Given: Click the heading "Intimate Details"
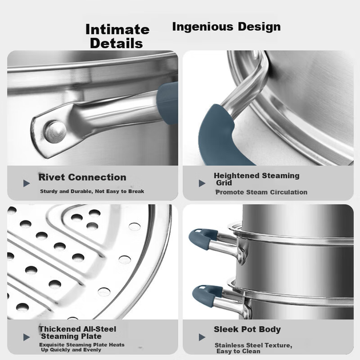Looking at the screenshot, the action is (x=117, y=36).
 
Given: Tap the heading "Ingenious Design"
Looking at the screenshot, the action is (x=226, y=27).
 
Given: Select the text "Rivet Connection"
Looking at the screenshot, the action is (x=82, y=177).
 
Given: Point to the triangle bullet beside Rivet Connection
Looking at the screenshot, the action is (x=27, y=183).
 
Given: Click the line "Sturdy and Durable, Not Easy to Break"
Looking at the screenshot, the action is (x=92, y=191).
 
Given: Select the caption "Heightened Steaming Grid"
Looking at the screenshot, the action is (x=257, y=179).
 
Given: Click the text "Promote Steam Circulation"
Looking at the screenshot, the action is (x=261, y=192).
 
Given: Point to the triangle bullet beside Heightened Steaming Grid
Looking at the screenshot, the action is (x=202, y=183).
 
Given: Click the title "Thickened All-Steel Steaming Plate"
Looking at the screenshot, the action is (x=78, y=333).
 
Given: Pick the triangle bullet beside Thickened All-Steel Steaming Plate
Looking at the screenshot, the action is (x=27, y=337).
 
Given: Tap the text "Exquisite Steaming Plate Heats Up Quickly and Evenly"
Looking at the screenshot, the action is (x=82, y=347).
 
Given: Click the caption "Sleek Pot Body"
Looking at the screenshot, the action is (x=247, y=329).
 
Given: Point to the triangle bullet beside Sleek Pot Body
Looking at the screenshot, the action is (x=202, y=337).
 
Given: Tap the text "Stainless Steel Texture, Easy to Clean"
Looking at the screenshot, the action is (x=254, y=348).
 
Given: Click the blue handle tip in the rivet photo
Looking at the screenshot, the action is (x=167, y=103).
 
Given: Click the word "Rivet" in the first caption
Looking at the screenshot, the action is (x=51, y=177).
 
